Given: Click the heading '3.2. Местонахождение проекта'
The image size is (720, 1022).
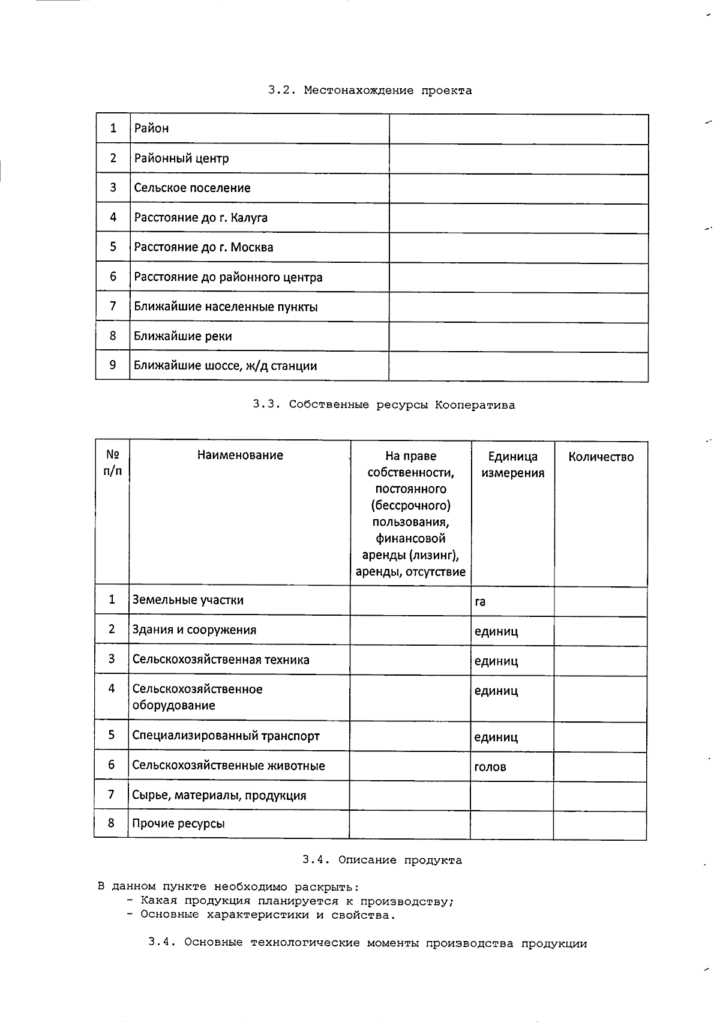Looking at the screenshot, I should [370, 91].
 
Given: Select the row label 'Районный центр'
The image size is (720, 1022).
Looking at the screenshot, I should [181, 158].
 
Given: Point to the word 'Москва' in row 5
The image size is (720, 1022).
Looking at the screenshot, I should [251, 247].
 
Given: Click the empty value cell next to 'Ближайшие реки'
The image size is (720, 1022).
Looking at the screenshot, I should [518, 337].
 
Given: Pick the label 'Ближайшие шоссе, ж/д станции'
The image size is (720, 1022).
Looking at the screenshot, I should [225, 365].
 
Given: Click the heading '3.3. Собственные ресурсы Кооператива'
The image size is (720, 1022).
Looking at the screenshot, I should [383, 404].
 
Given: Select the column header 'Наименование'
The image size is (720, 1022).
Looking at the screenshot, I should [240, 455].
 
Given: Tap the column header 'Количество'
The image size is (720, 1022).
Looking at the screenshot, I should [601, 457].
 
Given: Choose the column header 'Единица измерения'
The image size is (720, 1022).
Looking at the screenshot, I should [512, 464].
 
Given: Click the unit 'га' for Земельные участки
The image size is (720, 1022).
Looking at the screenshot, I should [480, 601].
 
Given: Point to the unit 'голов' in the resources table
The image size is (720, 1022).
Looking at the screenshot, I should [490, 766].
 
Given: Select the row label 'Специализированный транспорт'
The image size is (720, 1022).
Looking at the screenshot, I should [226, 736].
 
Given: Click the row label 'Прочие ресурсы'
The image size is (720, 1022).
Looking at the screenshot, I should [178, 823].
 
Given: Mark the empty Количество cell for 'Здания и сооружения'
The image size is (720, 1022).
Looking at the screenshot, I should [600, 631].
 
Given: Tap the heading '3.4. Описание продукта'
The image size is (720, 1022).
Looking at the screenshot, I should [382, 860].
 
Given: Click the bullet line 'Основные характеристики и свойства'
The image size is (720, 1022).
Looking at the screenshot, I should [268, 915].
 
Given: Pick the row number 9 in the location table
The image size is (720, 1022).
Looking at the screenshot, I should [113, 365].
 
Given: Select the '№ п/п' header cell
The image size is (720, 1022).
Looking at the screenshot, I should [112, 463].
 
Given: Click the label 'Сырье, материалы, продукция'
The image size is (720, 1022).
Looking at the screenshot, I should [219, 796].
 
